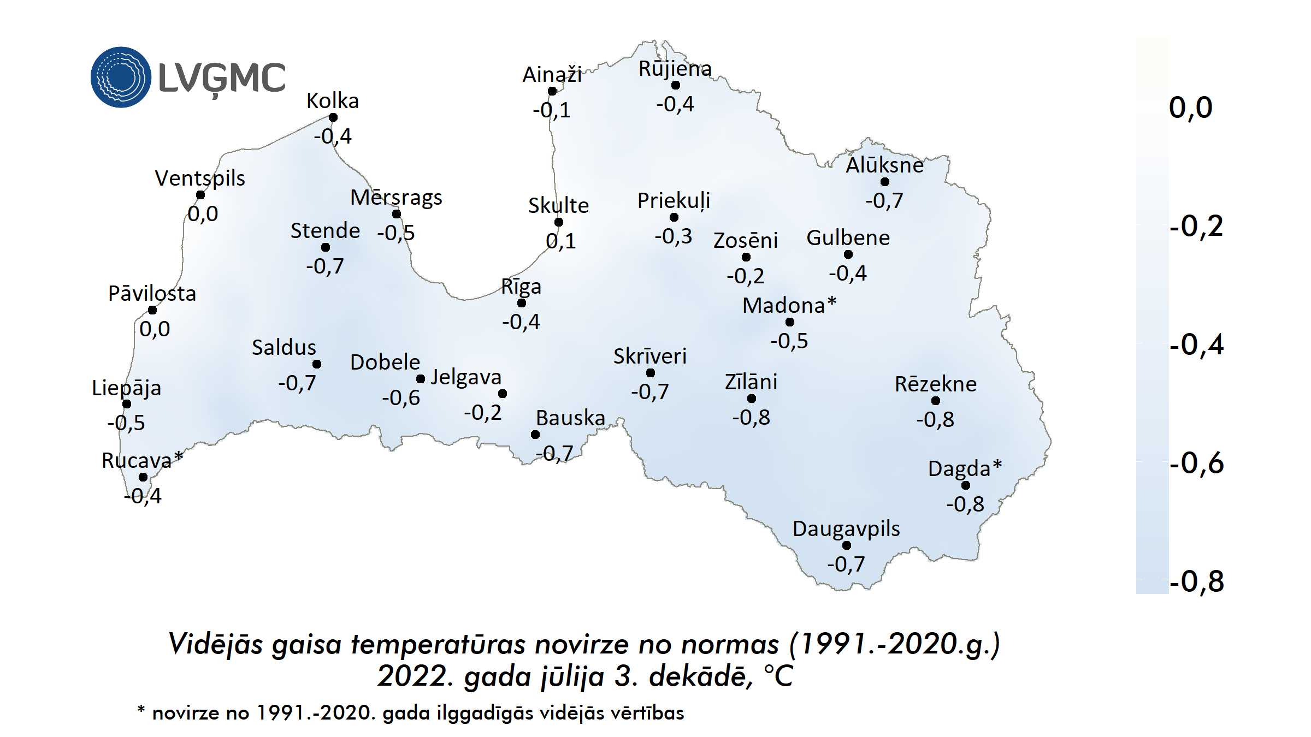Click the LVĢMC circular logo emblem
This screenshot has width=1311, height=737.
(121, 77)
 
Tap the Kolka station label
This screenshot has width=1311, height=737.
(332, 101)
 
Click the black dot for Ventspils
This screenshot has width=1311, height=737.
(200, 195)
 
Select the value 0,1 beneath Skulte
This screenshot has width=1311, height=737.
(560, 241)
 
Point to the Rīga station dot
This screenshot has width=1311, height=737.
(522, 303)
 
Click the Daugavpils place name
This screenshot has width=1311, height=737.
(846, 529)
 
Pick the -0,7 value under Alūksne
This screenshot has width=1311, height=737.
(884, 201)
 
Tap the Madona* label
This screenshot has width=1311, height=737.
(789, 305)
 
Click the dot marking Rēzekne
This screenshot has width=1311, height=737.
(936, 401)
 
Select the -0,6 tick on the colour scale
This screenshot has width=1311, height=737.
(1196, 463)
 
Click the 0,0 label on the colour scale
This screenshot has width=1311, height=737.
(1190, 108)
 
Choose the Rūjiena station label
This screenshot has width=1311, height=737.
(675, 69)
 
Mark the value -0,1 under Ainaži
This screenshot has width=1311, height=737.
(552, 110)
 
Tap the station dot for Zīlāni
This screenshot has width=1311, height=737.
(752, 399)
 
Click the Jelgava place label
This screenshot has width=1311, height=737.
(466, 377)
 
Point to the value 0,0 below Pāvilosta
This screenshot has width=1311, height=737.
(155, 329)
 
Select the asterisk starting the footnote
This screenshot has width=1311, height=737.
(141, 710)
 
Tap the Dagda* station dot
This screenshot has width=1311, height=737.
(966, 485)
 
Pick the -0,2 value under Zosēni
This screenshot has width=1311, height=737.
(745, 276)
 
